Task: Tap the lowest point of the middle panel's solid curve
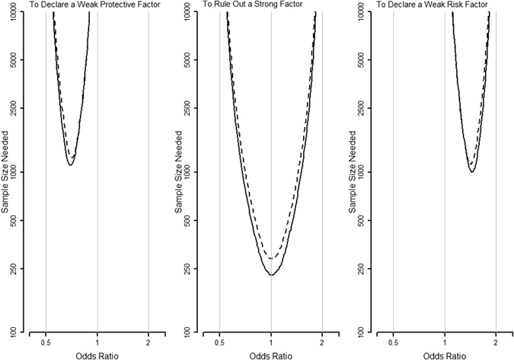click(271, 274)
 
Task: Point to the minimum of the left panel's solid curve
click(70, 164)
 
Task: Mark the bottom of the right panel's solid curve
click(472, 171)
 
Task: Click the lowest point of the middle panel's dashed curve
click(271, 259)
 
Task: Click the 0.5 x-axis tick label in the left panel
click(46, 342)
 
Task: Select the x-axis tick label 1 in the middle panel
click(271, 342)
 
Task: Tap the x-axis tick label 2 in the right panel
click(496, 342)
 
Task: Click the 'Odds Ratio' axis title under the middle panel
click(270, 355)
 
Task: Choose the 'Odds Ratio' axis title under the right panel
click(444, 355)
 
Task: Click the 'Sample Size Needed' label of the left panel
click(7, 172)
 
